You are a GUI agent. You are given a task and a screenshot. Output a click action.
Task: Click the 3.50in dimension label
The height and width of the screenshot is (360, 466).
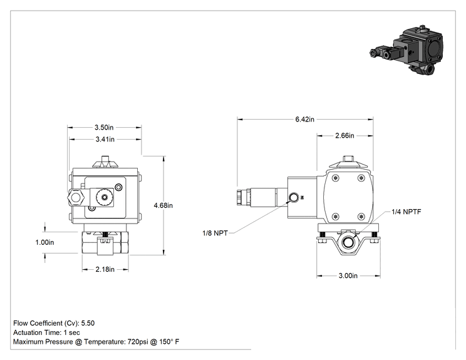tap(104, 128)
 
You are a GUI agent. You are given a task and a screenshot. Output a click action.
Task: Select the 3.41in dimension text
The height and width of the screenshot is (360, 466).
tap(105, 139)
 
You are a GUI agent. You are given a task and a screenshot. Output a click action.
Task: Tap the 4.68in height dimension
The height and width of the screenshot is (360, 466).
tap(163, 205)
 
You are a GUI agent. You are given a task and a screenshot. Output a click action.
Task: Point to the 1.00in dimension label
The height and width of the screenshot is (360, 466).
tap(44, 242)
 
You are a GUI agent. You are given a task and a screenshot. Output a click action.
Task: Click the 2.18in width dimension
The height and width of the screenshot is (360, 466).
tap(105, 269)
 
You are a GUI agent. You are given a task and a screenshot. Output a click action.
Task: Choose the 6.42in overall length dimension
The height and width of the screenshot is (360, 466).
tap(304, 119)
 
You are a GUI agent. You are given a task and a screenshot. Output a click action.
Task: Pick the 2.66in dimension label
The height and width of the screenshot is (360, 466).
tap(344, 135)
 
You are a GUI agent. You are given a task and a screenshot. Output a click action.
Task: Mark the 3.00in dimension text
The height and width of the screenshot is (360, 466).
tap(348, 275)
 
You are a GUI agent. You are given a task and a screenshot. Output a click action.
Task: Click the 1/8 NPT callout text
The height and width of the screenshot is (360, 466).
tap(215, 233)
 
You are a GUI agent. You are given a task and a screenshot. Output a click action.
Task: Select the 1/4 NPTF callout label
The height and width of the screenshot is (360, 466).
tap(406, 212)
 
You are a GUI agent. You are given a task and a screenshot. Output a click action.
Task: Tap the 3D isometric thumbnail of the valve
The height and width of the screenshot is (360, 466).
tap(406, 50)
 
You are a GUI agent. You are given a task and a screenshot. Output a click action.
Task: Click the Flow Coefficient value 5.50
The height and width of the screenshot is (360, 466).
tap(88, 323)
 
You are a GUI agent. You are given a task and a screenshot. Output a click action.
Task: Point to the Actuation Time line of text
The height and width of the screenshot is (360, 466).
tap(46, 332)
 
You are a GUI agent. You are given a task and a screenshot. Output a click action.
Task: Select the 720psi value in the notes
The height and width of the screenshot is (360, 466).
tap(138, 342)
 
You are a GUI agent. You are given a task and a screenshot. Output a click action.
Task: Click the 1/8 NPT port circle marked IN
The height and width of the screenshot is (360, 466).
tap(294, 197)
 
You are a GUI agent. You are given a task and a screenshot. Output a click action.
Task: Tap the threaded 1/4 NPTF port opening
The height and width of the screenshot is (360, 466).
tap(347, 242)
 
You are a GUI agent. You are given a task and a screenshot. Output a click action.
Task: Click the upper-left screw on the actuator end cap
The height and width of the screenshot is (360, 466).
tap(336, 178)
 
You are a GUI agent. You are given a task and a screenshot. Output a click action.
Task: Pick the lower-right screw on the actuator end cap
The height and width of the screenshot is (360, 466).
tap(361, 217)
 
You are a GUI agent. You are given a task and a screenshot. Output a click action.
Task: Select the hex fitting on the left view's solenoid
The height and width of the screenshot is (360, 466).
tap(76, 197)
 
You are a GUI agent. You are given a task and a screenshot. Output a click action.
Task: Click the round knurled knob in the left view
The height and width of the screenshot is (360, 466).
tap(105, 197)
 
